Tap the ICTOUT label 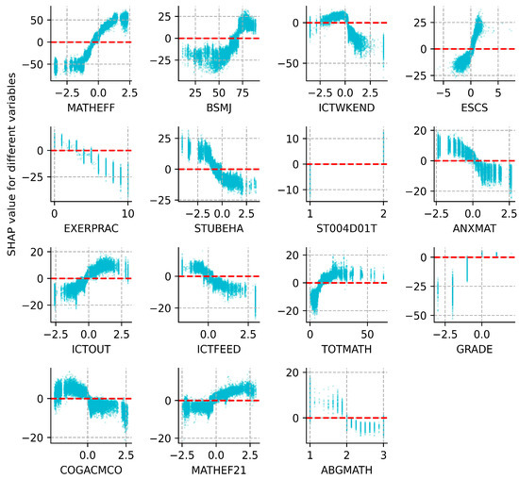tap(90, 346)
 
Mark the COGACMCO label tap(90, 466)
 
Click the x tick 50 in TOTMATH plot tap(360, 332)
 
